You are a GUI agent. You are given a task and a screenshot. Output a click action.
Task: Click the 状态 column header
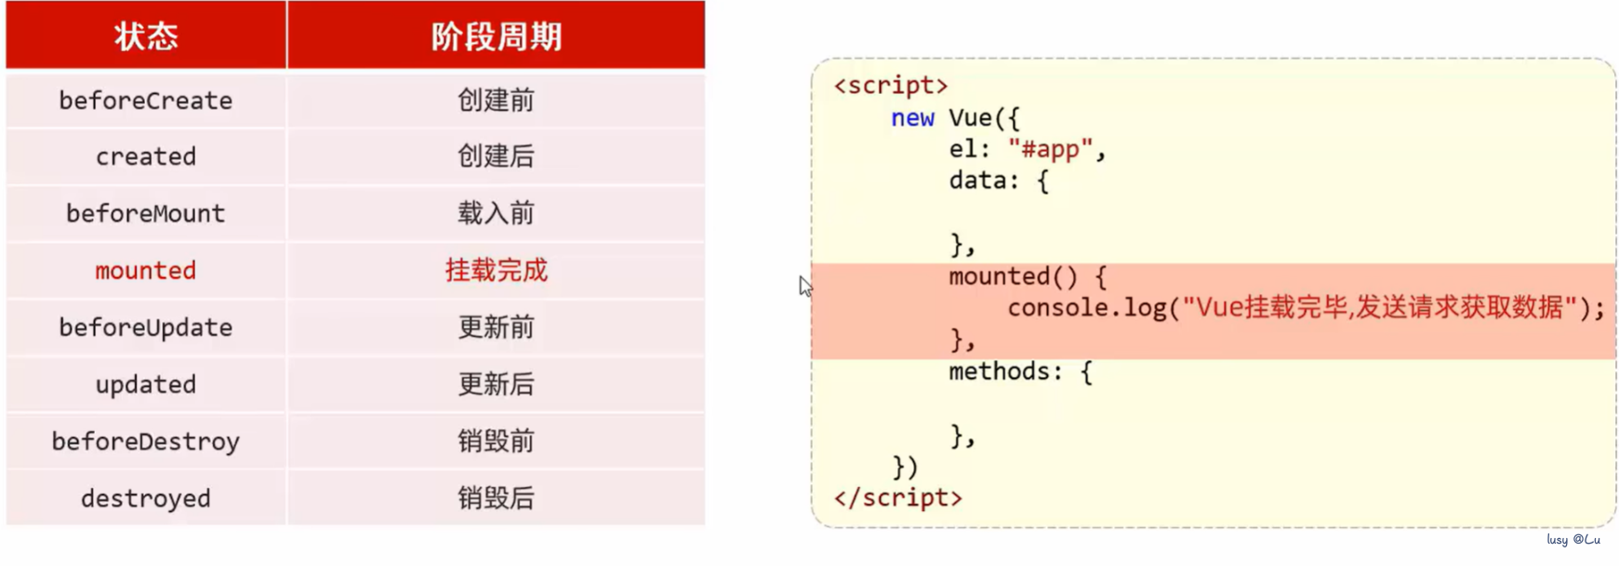tap(146, 36)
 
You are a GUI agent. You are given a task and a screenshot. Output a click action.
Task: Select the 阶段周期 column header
tap(496, 36)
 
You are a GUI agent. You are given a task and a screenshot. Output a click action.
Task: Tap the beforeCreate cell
tap(146, 101)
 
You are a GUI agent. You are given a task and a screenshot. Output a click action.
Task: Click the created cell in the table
tap(146, 156)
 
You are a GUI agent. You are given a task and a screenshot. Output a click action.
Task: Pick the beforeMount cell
tap(146, 213)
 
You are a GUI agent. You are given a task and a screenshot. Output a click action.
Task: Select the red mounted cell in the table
tap(146, 271)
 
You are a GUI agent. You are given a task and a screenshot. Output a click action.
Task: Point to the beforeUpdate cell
tap(146, 328)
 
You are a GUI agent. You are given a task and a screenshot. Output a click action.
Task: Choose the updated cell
tap(146, 384)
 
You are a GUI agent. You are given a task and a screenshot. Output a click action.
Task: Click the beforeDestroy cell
tap(146, 441)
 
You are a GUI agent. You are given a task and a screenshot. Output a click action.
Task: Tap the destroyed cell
tap(146, 499)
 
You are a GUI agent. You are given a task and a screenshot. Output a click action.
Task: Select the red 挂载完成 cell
tap(496, 271)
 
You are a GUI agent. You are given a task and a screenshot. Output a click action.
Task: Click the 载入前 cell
tap(496, 213)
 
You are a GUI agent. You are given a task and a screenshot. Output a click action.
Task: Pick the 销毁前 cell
tap(496, 441)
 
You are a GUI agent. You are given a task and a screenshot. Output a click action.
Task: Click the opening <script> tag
tap(891, 86)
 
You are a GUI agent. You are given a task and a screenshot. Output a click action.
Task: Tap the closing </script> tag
tap(897, 498)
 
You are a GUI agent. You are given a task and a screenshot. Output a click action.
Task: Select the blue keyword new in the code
tap(912, 118)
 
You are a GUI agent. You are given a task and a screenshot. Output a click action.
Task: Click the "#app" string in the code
tap(1050, 150)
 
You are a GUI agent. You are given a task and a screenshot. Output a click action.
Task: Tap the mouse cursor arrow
tap(805, 286)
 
